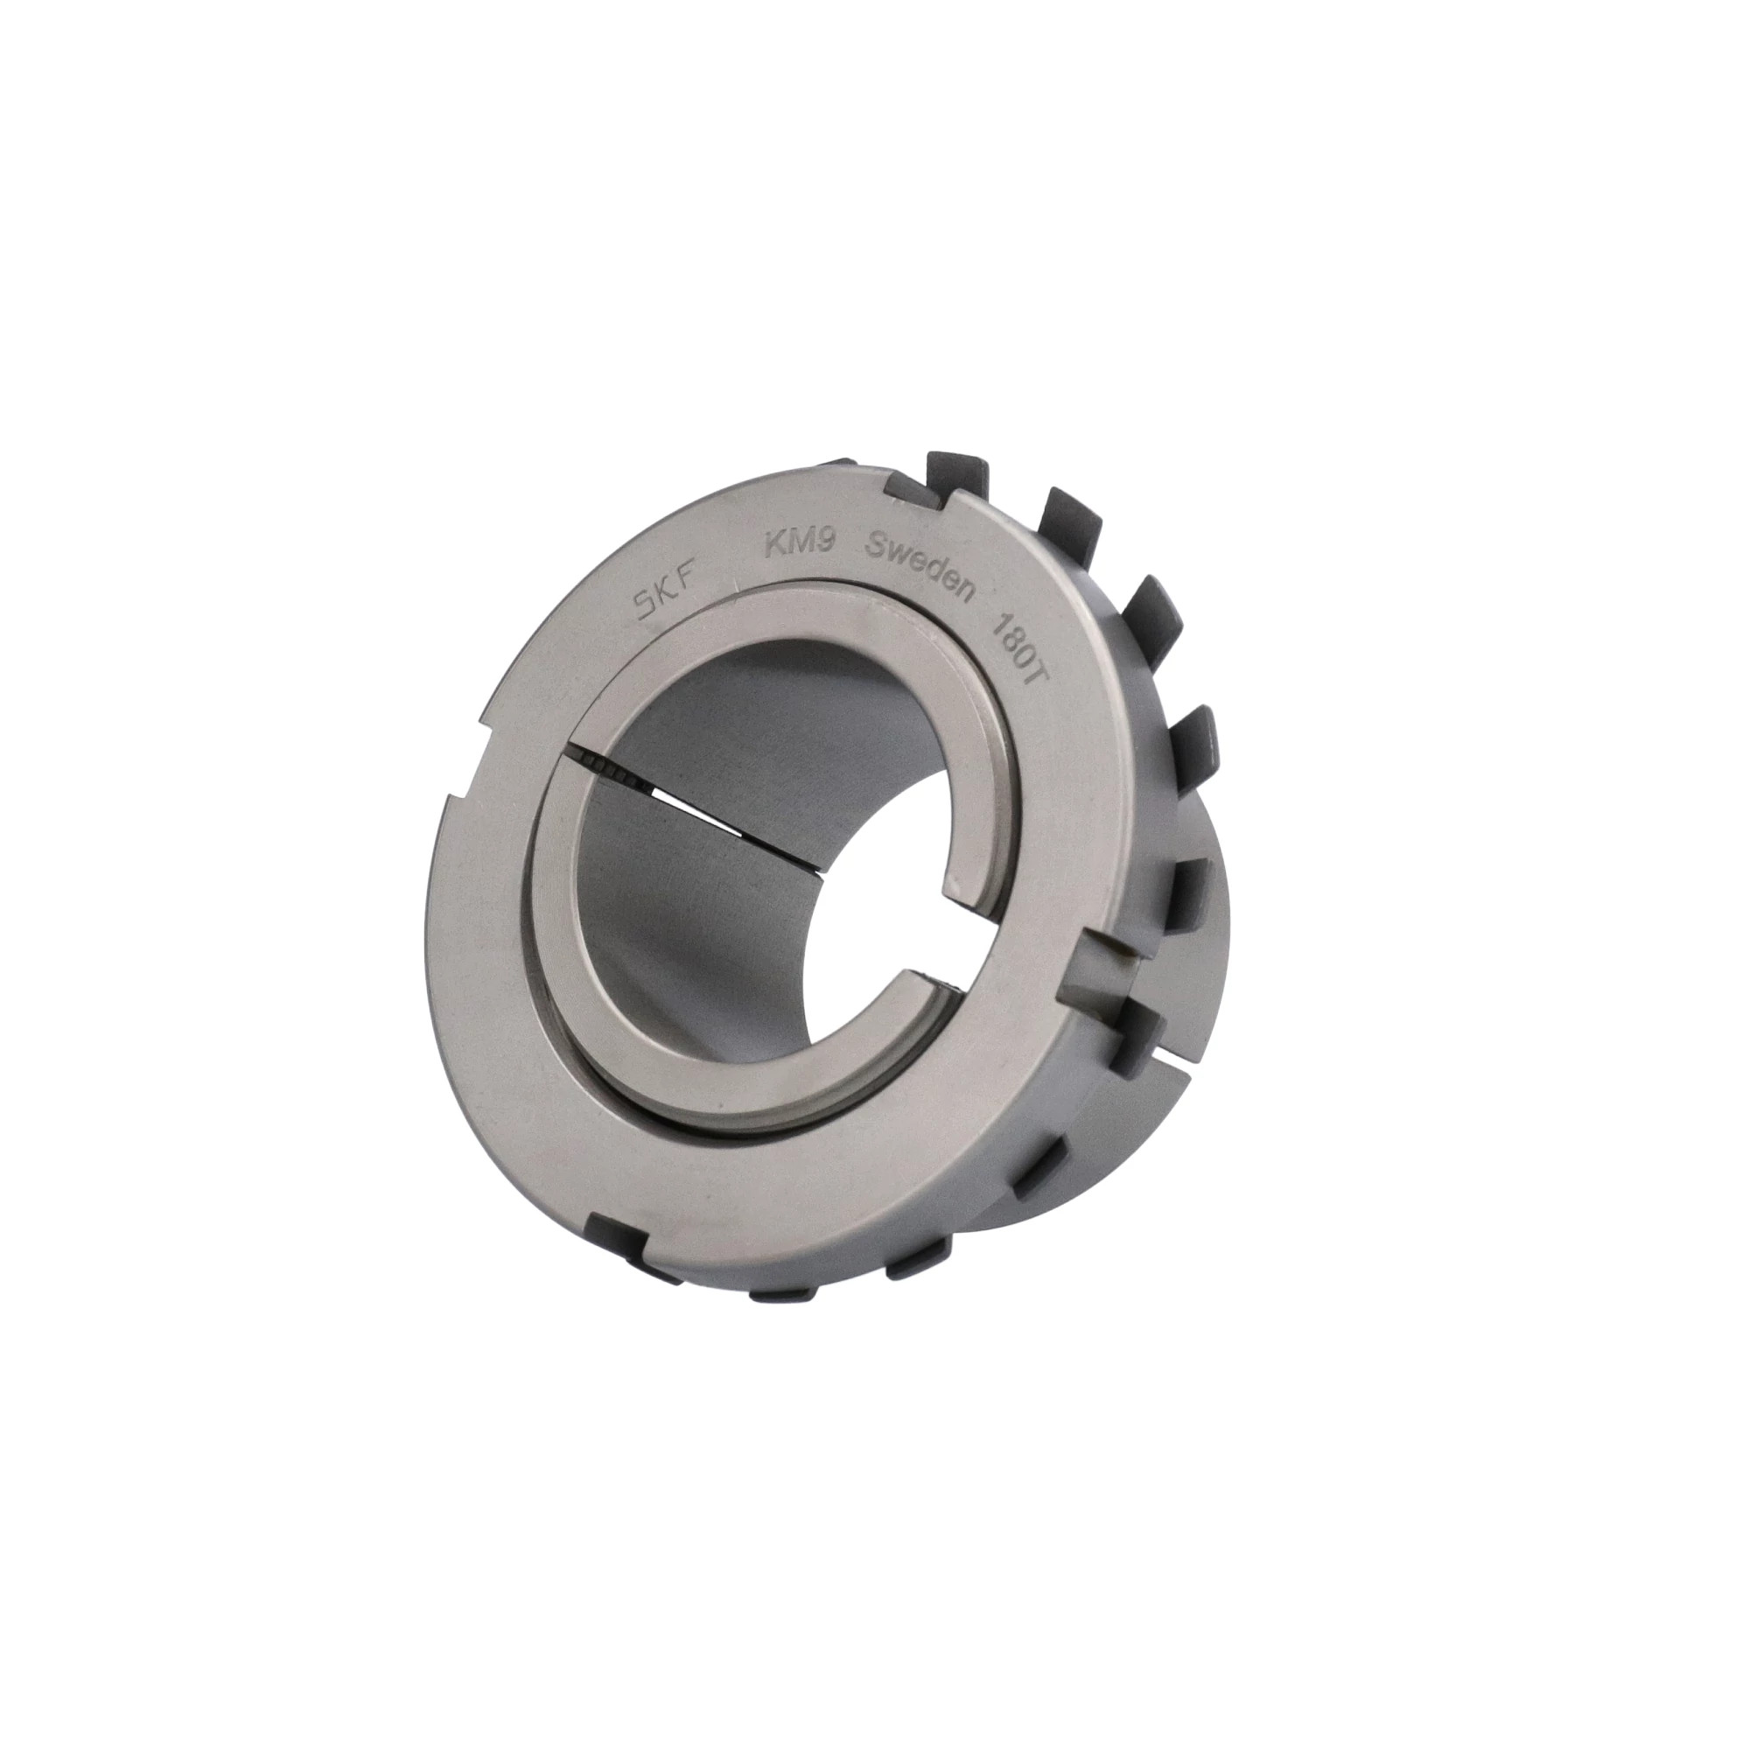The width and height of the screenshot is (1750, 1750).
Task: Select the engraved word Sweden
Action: [x=921, y=563]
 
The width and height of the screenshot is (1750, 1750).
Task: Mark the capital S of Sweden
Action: [x=877, y=547]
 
